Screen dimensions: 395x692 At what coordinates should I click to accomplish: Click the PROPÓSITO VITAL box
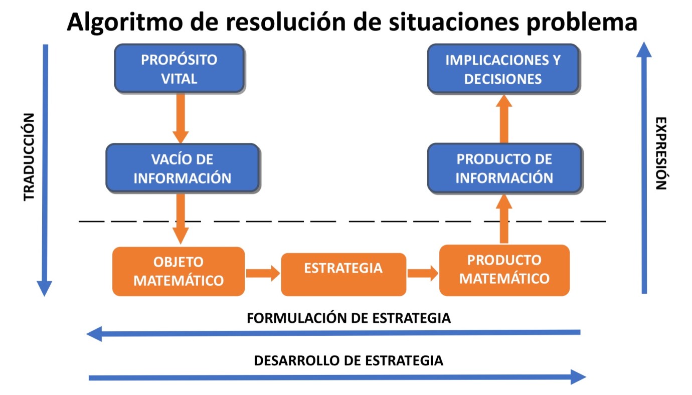179,69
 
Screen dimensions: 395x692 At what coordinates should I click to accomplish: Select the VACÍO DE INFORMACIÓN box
183,168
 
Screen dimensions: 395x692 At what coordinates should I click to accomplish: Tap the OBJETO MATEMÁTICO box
179,271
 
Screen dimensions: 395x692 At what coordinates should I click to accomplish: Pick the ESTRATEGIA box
343,274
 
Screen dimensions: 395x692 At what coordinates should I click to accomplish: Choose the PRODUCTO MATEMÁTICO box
504,270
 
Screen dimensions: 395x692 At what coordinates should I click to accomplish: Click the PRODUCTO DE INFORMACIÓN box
504,168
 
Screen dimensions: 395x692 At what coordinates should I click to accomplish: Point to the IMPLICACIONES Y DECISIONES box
503,69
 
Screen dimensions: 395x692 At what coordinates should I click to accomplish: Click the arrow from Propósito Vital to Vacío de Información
180,118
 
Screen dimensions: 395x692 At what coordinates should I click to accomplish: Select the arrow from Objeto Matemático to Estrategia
262,273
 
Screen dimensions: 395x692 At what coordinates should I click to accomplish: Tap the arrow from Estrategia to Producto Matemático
422,273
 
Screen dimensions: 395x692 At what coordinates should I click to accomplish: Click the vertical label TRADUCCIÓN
30,157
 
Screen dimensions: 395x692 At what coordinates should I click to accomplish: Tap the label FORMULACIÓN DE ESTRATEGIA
349,318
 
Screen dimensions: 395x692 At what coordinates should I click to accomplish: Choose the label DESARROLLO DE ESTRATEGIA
349,360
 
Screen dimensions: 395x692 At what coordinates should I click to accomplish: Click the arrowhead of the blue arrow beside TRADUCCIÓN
45,288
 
